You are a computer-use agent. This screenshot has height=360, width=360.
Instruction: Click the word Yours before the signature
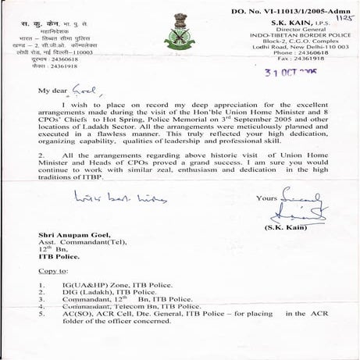(x=267, y=198)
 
